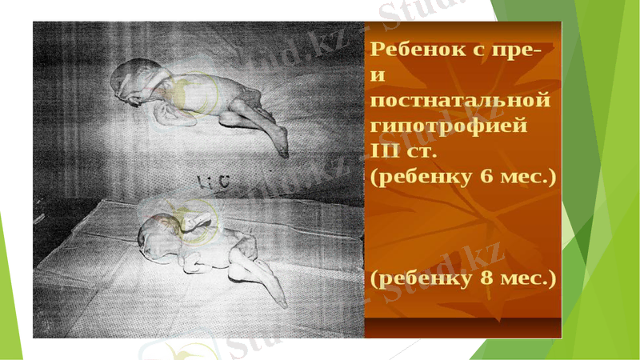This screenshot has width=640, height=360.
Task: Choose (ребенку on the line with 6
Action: point(422,177)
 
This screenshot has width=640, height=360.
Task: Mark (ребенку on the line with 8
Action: point(422,279)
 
